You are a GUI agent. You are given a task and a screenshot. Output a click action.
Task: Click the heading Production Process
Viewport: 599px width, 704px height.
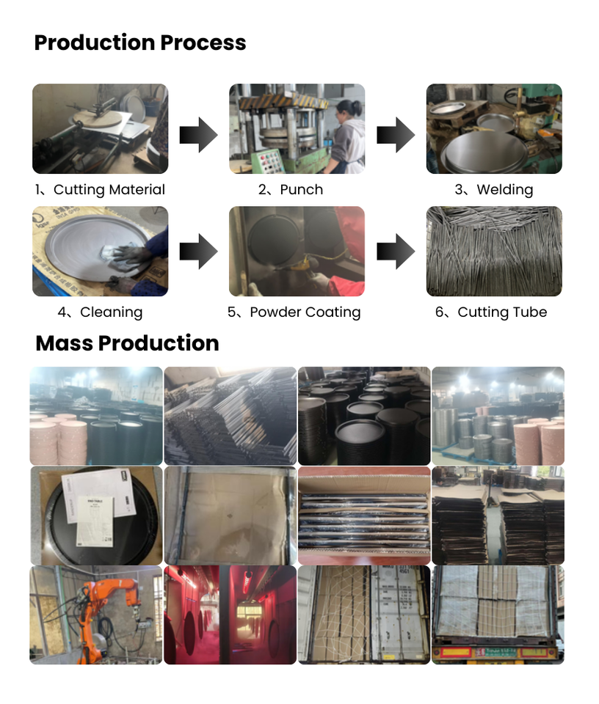[140, 43]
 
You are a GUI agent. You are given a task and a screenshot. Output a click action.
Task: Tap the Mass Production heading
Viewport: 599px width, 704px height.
[127, 343]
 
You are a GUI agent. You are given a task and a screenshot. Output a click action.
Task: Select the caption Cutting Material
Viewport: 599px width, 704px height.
[100, 190]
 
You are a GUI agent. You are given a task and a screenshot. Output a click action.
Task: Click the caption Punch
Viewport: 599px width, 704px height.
[291, 190]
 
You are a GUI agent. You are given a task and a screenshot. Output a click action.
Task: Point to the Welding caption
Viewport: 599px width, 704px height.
[494, 190]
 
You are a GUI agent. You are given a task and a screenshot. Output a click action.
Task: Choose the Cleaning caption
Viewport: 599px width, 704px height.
[100, 312]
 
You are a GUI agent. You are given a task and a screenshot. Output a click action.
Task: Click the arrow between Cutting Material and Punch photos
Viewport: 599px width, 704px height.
[198, 135]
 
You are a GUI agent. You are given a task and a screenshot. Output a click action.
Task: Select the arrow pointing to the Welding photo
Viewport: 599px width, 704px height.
[396, 135]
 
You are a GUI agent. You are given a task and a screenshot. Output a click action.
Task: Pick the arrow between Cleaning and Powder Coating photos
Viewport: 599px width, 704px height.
[198, 252]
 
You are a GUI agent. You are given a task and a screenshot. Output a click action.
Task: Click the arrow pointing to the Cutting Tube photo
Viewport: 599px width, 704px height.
[396, 252]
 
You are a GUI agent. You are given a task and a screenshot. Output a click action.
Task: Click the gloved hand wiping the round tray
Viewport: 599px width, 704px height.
[125, 257]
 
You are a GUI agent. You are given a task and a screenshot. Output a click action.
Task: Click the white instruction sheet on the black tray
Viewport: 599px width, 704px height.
[88, 506]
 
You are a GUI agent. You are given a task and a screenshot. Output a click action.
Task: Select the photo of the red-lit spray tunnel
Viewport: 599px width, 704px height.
[230, 615]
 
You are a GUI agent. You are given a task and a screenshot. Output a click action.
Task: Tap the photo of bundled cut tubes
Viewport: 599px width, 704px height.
[494, 251]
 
